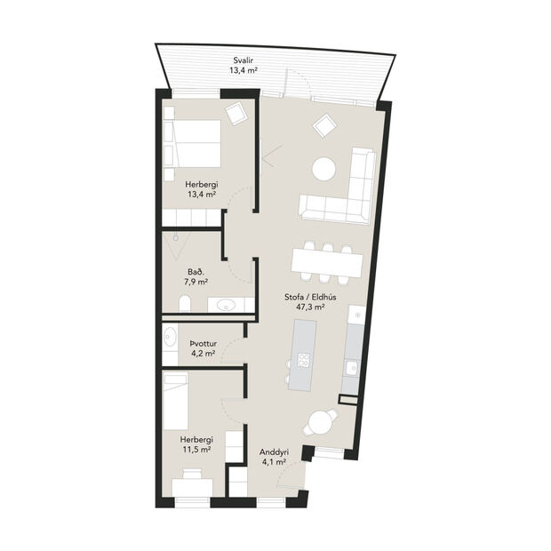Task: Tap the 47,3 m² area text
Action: click(x=309, y=307)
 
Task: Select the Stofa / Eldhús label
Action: click(x=310, y=296)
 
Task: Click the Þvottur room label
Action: click(x=204, y=342)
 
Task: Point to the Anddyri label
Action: click(x=273, y=451)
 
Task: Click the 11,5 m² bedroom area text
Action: click(x=196, y=450)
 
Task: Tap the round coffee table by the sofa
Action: click(x=323, y=168)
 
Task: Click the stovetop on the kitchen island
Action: click(x=304, y=360)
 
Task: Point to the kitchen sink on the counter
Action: click(x=352, y=366)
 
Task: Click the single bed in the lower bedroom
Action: click(x=176, y=399)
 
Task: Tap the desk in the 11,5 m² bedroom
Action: click(x=192, y=485)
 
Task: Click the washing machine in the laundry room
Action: click(x=171, y=338)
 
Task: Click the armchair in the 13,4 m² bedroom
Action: click(x=236, y=114)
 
